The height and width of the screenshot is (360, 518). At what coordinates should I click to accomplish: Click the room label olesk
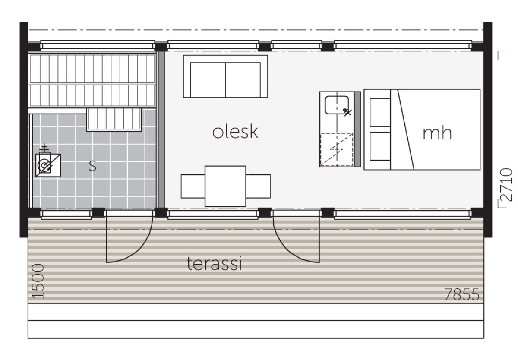tap(235, 132)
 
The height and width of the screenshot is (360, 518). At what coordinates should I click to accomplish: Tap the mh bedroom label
tap(437, 133)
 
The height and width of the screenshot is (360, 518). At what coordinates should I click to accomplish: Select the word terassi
tap(214, 263)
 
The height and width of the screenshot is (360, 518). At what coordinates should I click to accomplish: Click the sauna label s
tap(92, 166)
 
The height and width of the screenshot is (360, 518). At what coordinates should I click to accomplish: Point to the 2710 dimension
tap(506, 184)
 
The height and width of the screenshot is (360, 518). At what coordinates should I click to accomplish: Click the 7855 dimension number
tap(462, 294)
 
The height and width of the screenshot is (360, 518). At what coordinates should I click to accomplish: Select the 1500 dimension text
tap(38, 281)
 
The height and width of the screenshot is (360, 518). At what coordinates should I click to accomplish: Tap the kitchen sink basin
tap(337, 105)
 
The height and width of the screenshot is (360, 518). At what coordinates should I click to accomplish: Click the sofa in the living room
tap(225, 76)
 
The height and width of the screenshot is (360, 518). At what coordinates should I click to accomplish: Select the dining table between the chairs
tap(225, 186)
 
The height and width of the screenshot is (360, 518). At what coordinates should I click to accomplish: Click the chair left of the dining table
tap(193, 186)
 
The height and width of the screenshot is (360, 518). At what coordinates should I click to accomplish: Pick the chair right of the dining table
tap(258, 186)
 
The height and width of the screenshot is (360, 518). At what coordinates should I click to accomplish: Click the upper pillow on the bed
tap(380, 113)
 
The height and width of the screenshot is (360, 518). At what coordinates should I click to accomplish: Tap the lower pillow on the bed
tap(380, 146)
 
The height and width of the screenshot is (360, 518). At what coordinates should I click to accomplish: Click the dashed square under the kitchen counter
tap(337, 150)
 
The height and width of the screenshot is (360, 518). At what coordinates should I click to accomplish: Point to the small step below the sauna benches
tap(114, 120)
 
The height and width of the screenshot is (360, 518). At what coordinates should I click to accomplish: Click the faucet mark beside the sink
tap(347, 112)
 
